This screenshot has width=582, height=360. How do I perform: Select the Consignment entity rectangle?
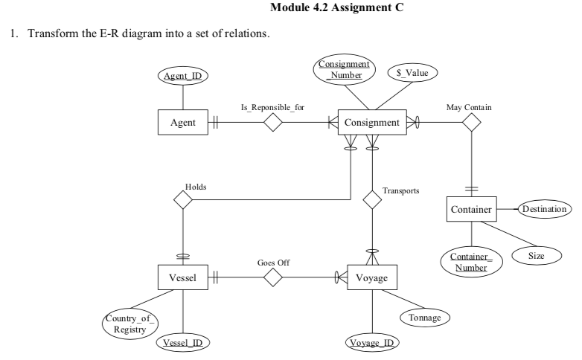pyautogui.click(x=372, y=123)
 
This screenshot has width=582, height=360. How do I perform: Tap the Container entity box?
pyautogui.click(x=471, y=210)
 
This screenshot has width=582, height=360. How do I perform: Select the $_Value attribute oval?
pyautogui.click(x=415, y=73)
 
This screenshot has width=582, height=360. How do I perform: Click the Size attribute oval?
pyautogui.click(x=542, y=254)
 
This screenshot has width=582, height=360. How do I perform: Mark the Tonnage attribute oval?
pyautogui.click(x=425, y=318)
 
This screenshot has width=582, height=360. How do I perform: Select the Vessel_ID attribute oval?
pyautogui.click(x=182, y=343)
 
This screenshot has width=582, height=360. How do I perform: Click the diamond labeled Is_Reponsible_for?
pyautogui.click(x=274, y=123)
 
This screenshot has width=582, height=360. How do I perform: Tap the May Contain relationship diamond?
pyautogui.click(x=470, y=123)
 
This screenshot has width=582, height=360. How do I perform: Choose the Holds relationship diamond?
pyautogui.click(x=182, y=199)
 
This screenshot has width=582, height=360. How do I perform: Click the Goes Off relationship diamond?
pyautogui.click(x=274, y=278)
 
